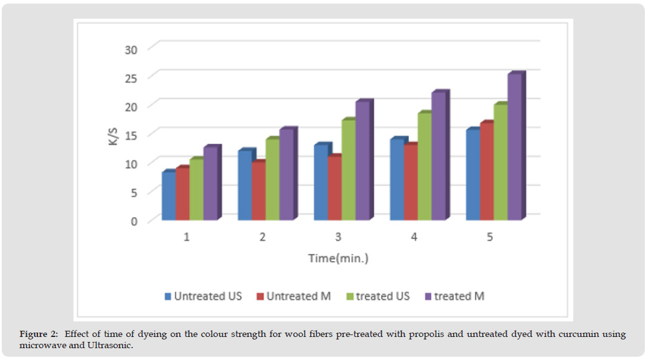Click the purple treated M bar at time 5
click(x=514, y=148)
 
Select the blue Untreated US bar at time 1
click(x=168, y=196)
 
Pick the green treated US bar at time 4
click(x=425, y=167)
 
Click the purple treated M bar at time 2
click(x=286, y=175)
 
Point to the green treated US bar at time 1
click(x=196, y=190)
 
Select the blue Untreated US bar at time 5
click(x=472, y=175)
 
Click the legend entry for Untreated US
click(x=203, y=296)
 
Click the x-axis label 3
click(x=338, y=237)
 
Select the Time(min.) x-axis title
click(x=338, y=258)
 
